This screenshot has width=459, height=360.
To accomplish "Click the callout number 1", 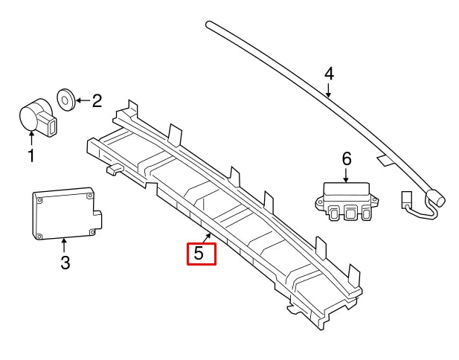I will click(x=31, y=155).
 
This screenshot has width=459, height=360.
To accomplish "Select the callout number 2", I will click(x=97, y=100).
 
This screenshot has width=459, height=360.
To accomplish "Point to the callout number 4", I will click(x=330, y=74).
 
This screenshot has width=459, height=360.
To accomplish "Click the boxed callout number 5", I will click(x=199, y=253).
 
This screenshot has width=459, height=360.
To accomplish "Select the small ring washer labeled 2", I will click(x=66, y=97).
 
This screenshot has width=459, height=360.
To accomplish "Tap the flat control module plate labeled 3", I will click(x=63, y=213).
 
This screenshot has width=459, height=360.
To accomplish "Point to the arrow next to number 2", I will click(x=83, y=99).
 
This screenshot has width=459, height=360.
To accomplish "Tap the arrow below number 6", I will click(x=346, y=174).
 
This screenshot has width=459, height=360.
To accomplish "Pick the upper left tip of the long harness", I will click(x=210, y=25).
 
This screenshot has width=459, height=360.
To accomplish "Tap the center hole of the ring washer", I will click(x=66, y=97).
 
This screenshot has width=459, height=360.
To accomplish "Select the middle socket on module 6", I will click(x=350, y=213).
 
